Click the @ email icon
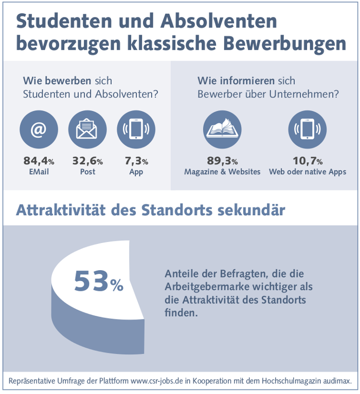pos(39,129)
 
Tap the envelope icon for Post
pos(87,129)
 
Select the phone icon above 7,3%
pos(136,129)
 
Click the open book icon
pos(222,129)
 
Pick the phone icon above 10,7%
pos(307,129)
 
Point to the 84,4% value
pos(39,161)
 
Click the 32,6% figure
pos(87,161)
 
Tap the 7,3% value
pos(136,161)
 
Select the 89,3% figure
pos(222,161)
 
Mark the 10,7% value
pos(307,161)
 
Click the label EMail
pos(39,172)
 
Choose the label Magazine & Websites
pos(222,172)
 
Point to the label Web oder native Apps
pos(307,172)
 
